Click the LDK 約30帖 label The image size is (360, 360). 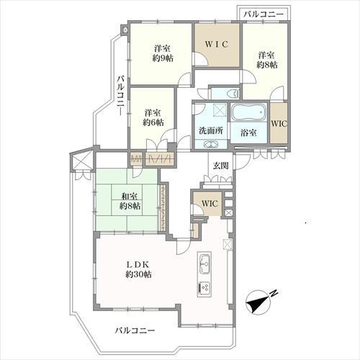[138, 269]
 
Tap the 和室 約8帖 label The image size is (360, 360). [130, 201]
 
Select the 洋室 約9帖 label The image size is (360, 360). [163, 53]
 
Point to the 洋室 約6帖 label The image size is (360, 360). [153, 117]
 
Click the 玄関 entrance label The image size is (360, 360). [220, 166]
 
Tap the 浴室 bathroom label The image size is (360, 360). [248, 132]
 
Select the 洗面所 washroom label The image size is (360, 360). [211, 130]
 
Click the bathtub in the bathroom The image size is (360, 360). [248, 112]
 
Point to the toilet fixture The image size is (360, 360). [234, 93]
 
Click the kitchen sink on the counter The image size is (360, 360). [204, 264]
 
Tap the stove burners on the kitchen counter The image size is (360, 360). [204, 288]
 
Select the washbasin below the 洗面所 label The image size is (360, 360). [211, 144]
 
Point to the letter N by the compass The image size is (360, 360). [274, 293]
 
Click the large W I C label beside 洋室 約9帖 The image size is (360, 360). [217, 44]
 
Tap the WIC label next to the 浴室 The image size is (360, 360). [279, 123]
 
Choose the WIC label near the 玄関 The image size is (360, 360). [210, 204]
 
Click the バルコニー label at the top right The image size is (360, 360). [264, 14]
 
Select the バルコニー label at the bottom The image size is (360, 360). [135, 330]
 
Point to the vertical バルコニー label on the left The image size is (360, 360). [121, 96]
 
